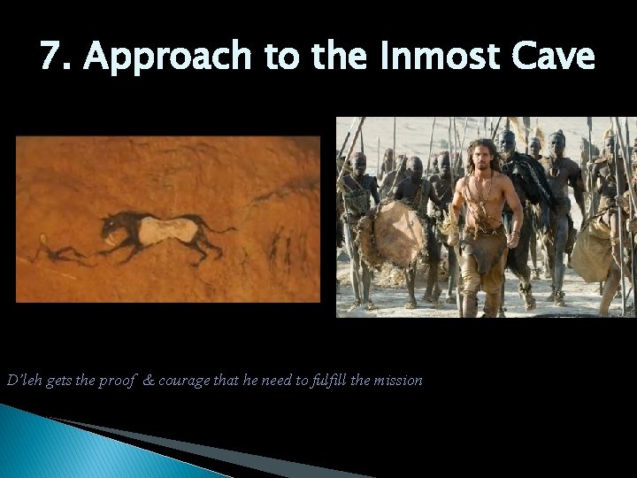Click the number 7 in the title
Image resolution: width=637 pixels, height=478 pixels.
[51, 57]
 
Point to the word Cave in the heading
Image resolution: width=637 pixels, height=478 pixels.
[556, 57]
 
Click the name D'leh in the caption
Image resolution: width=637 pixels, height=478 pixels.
[20, 380]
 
